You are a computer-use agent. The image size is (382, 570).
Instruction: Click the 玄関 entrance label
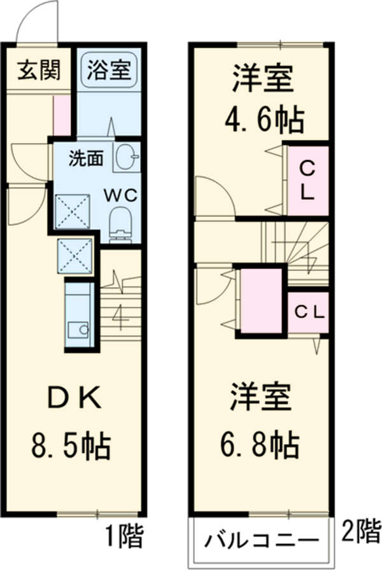[38, 70]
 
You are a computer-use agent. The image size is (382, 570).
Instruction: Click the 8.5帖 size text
[71, 446]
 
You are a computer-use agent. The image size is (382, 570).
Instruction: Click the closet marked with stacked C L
[307, 180]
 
